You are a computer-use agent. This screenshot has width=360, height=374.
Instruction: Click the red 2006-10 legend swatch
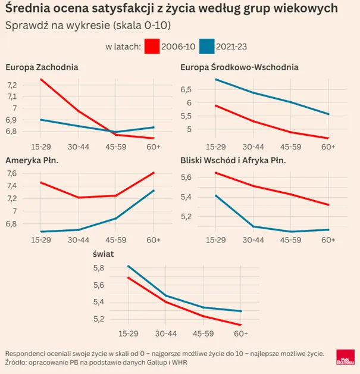[152, 46]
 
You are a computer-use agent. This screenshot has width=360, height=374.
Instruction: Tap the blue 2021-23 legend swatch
[207, 46]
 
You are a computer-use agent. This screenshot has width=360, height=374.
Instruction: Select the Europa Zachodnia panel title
[42, 67]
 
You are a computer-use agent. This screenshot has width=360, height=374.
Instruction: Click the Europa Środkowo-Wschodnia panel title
[239, 67]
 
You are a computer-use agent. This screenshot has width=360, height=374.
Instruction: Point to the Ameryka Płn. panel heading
[32, 161]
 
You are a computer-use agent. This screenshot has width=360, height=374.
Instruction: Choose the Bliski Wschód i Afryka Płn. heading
[233, 161]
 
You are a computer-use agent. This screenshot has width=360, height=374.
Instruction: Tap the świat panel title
[103, 254]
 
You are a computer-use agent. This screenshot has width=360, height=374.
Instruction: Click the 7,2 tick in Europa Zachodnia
[12, 85]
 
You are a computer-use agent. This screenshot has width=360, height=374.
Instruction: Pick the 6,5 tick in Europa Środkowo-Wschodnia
[186, 90]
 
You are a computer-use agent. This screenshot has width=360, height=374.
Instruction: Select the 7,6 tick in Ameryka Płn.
[12, 173]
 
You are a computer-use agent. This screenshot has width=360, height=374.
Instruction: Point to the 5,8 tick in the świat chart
[99, 268]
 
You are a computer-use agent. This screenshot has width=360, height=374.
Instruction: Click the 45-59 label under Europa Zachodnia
[116, 147]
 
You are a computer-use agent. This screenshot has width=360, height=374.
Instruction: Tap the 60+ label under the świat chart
[241, 334]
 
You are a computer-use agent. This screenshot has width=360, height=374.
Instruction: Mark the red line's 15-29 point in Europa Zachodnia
[41, 79]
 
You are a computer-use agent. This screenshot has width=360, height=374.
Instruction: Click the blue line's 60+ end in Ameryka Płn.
[154, 191]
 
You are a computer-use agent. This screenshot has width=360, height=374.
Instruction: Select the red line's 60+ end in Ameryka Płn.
[154, 173]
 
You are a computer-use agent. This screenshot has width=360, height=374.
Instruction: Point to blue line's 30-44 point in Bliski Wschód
[253, 226]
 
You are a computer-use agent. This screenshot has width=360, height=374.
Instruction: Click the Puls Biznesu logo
[346, 357]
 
